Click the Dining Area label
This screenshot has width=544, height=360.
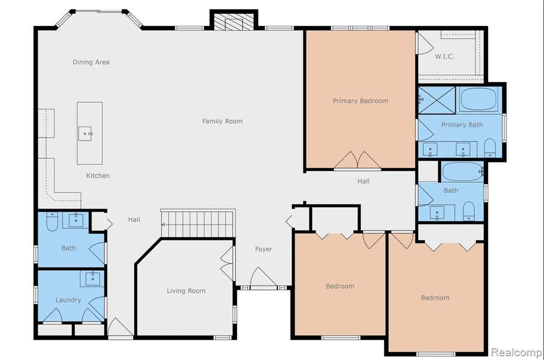pos(91,62)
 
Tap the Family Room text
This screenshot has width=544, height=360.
pos(223,121)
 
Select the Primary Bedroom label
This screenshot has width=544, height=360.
pos(361,101)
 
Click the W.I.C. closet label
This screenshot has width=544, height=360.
pos(445,56)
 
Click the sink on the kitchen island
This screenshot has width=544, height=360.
pos(85,133)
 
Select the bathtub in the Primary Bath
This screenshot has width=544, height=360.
pos(479,99)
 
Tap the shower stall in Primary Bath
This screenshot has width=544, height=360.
pos(437,100)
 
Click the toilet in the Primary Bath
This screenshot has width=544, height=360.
pos(490,148)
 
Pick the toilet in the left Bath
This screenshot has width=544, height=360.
pos(52,222)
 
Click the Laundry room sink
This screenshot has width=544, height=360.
pos(92,279)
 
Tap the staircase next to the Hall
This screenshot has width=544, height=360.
pos(198,224)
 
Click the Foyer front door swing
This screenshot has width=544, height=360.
pos(263,278)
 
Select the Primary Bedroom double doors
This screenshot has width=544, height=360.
pos(358,160)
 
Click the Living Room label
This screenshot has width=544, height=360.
pos(186,290)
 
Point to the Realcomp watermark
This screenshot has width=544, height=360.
pos(516,353)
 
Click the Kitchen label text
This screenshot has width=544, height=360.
pos(98,176)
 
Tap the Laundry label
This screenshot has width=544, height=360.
pos(68,300)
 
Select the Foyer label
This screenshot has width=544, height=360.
pos(263,249)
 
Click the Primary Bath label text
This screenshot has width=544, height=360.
pos(462,125)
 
